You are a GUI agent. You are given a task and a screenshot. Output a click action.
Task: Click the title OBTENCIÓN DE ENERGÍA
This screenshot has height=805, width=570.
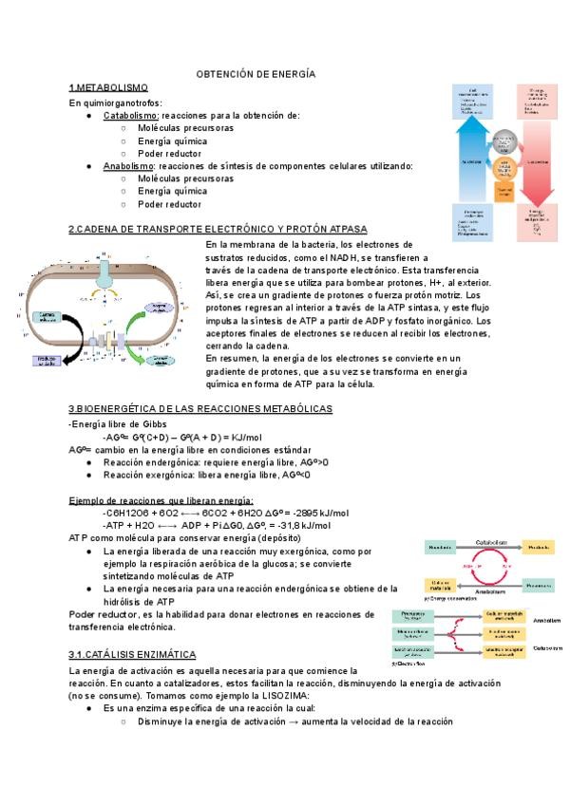[255, 73]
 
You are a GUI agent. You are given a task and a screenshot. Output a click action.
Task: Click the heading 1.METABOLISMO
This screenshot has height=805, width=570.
[108, 87]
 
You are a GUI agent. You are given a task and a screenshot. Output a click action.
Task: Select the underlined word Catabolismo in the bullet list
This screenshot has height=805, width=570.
[131, 115]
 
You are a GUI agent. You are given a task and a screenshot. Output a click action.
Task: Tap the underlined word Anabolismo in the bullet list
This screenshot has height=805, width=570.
[129, 166]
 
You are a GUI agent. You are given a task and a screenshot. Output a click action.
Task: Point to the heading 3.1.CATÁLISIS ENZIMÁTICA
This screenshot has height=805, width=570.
[132, 655]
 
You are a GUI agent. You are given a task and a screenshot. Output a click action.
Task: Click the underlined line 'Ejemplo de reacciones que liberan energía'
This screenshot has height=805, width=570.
[161, 500]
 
